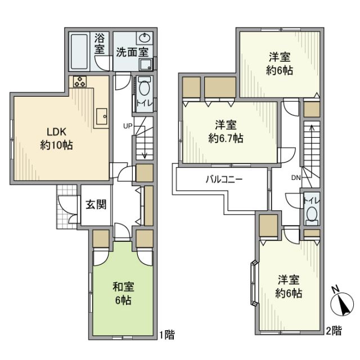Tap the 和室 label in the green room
pos(123,286)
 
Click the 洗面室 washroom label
pos(132,52)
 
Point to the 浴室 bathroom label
pos(100,44)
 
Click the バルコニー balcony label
pos(223,181)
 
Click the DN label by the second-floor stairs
pos(296,177)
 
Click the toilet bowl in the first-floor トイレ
pos(144,88)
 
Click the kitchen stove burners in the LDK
pos(79,82)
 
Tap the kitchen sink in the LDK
pos(102,116)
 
